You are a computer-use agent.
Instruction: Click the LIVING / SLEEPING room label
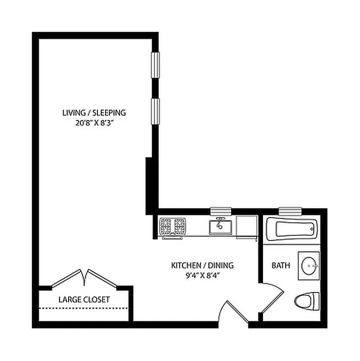point(94,112)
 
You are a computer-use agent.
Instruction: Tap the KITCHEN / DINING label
point(202,265)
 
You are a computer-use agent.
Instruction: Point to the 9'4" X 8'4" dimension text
point(202,275)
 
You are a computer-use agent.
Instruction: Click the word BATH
point(281,265)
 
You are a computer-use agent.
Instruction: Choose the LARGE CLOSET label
point(84,299)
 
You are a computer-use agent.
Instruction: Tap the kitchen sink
point(220,226)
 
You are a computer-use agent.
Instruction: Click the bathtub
point(291,229)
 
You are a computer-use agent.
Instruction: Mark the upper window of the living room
point(155,65)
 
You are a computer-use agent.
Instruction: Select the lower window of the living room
point(155,111)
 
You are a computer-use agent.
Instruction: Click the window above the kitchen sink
point(221,211)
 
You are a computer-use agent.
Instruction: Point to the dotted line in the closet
point(84,308)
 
